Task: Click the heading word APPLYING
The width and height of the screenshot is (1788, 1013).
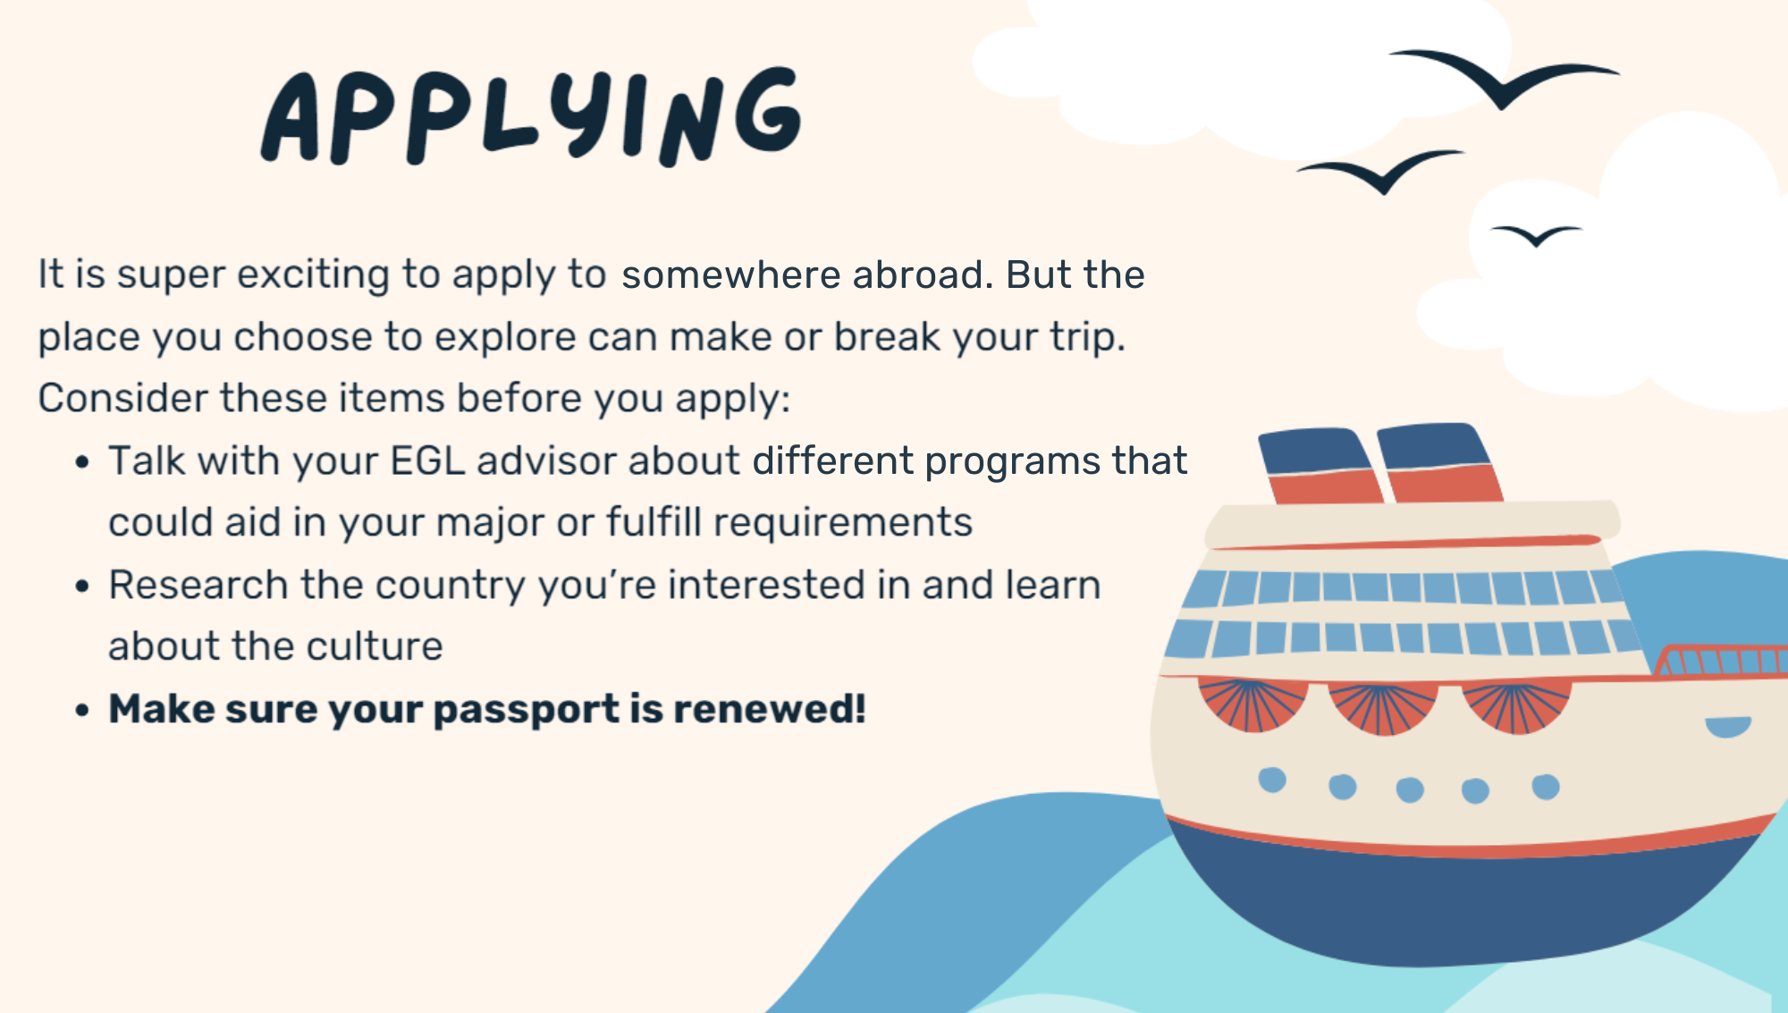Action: click(x=532, y=116)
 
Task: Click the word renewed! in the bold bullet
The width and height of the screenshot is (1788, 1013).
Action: click(x=770, y=709)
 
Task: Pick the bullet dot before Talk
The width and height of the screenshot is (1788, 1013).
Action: click(x=82, y=462)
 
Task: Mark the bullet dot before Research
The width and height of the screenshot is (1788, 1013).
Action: click(x=82, y=587)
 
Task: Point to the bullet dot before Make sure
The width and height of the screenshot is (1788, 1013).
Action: click(x=82, y=711)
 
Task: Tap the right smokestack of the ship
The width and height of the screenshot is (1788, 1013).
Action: click(x=1439, y=462)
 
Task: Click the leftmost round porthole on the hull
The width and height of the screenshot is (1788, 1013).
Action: click(x=1272, y=780)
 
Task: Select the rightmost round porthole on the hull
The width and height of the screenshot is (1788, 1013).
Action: click(x=1546, y=787)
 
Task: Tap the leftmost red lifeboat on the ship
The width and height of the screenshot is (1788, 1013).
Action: click(x=1252, y=705)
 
